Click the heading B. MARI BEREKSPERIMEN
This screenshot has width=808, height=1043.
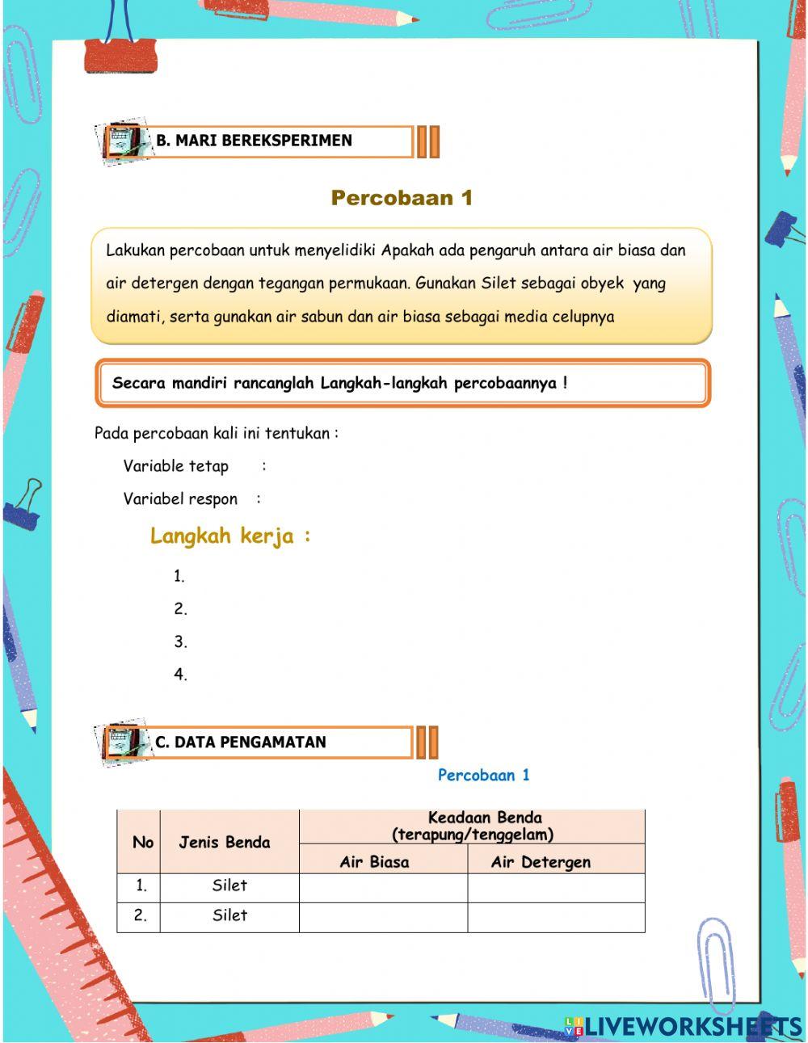(254, 141)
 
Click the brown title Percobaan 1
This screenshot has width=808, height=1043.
(402, 198)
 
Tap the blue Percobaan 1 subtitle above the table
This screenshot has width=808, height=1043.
(483, 776)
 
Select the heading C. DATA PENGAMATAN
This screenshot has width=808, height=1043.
(241, 742)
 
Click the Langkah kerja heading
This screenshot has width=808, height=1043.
(229, 536)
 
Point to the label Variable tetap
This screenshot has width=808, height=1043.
(175, 466)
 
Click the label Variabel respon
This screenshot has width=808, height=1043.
(180, 499)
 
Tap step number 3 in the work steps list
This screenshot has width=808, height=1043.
(180, 642)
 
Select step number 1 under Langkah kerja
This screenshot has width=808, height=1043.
(179, 577)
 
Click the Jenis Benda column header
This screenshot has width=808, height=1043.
(225, 843)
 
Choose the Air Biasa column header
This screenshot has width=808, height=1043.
(374, 862)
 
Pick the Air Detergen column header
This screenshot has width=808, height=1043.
(541, 862)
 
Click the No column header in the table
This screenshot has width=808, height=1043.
(142, 843)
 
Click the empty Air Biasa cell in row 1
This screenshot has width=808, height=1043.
(383, 887)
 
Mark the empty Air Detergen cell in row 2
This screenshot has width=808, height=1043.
(556, 917)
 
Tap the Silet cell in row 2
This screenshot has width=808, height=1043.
(229, 915)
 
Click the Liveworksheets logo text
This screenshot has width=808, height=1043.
(691, 1026)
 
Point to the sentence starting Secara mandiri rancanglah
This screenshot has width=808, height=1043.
(339, 383)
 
